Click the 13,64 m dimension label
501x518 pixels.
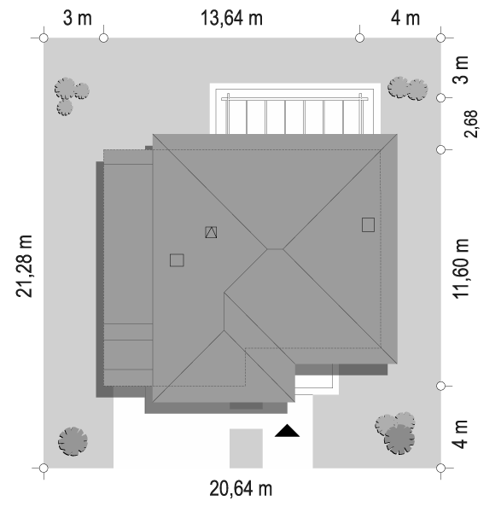(x=231, y=18)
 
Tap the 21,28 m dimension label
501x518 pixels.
(x=24, y=266)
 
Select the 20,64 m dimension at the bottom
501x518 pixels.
(x=241, y=489)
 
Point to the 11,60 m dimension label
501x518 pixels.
(x=461, y=269)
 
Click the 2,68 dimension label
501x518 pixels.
(x=471, y=124)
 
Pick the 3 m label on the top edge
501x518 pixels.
(x=78, y=18)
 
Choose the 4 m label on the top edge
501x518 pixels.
(x=405, y=18)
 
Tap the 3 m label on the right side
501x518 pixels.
(x=461, y=70)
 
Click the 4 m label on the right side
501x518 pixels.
(x=461, y=434)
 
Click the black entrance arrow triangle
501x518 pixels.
(x=287, y=431)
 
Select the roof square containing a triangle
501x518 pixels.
(x=211, y=232)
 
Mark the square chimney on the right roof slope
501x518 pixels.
(x=368, y=224)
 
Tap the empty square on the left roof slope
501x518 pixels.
(x=177, y=260)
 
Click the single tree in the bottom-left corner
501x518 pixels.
(x=73, y=441)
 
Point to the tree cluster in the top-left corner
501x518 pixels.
(x=71, y=96)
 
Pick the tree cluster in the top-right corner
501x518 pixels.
(x=407, y=89)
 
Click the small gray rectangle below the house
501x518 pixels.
(x=246, y=448)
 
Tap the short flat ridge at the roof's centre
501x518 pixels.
(x=275, y=249)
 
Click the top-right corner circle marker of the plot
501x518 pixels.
(x=440, y=38)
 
